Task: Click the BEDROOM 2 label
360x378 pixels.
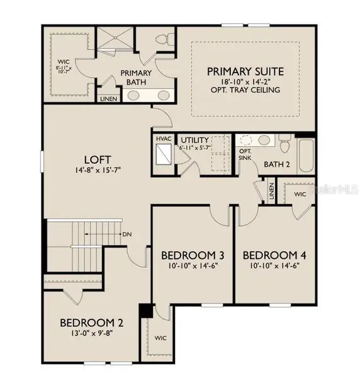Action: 91,323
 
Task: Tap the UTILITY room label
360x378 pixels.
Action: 194,140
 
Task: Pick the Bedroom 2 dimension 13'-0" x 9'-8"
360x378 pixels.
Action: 91,335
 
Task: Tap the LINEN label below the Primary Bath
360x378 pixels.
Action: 108,99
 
